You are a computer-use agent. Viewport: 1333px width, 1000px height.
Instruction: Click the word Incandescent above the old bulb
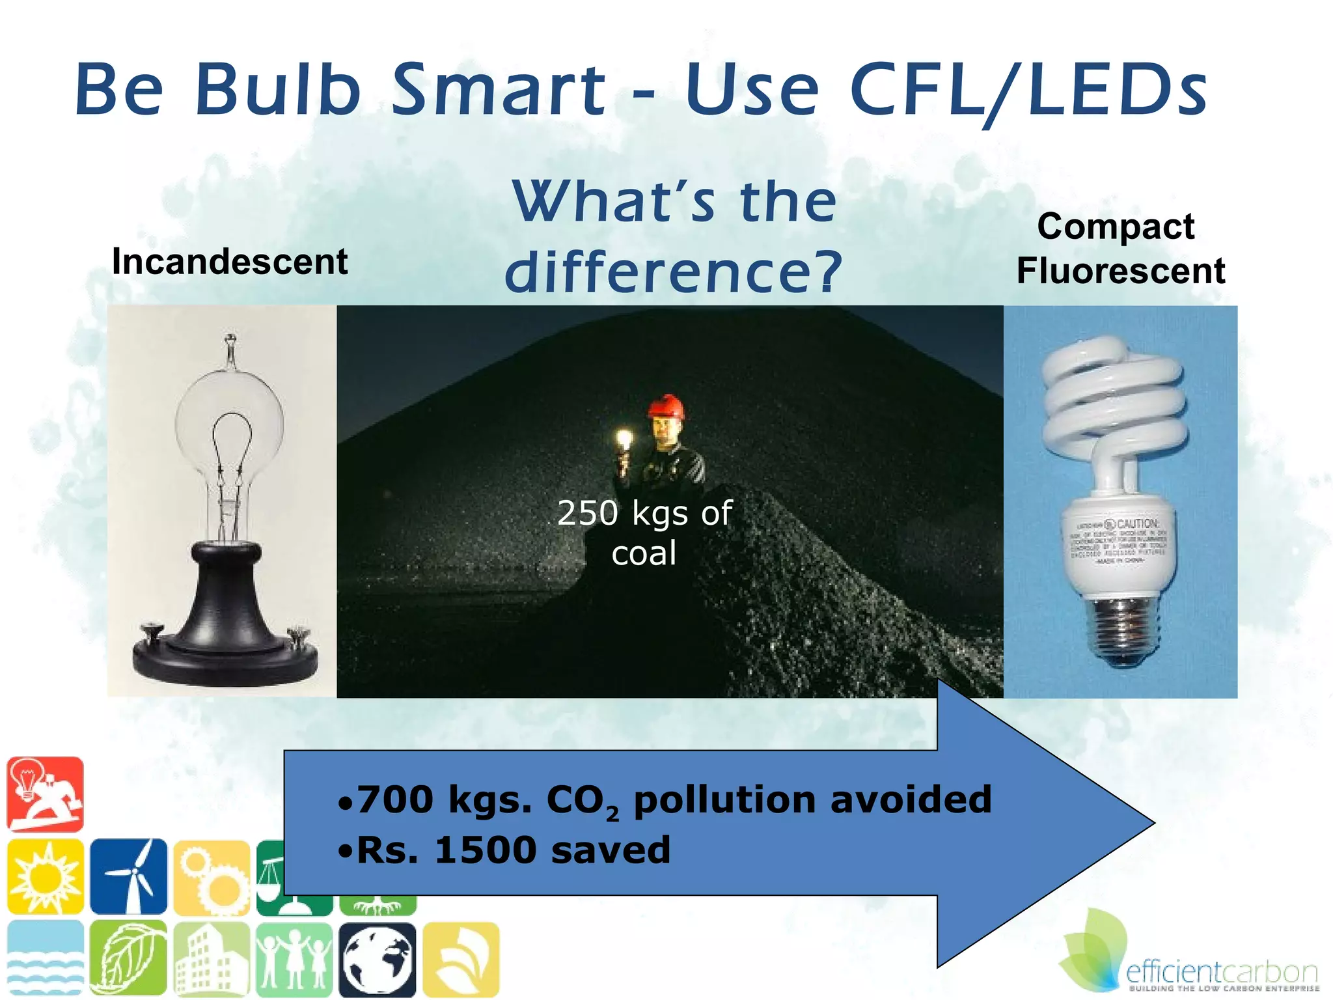230,262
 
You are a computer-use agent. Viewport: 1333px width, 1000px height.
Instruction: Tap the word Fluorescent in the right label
1121,271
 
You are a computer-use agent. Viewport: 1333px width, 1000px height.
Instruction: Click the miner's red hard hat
666,407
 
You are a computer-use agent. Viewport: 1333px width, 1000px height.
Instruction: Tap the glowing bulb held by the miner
624,440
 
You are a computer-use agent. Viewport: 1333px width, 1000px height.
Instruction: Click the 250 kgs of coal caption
644,533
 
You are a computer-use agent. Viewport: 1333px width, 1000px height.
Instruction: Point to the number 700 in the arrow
395,799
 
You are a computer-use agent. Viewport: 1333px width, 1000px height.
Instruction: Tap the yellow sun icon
45,876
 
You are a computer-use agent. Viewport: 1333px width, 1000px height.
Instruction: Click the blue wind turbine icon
129,876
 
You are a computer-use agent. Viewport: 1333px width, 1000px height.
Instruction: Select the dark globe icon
378,960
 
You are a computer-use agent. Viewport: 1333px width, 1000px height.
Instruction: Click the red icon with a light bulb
45,794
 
